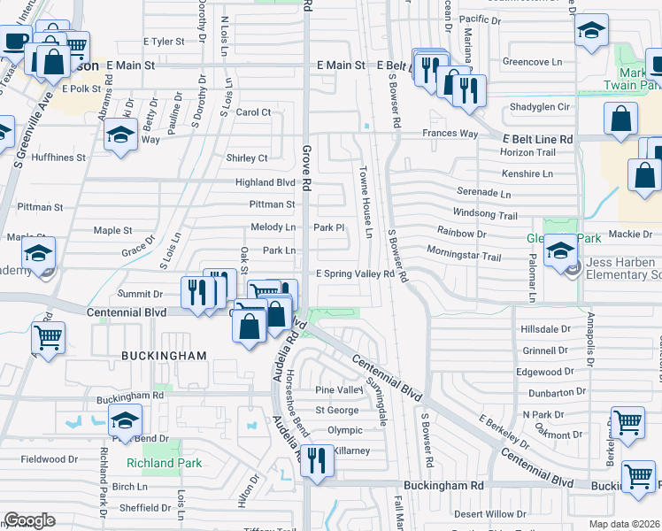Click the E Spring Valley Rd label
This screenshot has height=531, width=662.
point(355,274)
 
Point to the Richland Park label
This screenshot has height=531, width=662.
point(164,463)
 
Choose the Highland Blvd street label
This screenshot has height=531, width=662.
point(265,182)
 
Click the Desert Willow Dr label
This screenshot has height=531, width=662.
point(489,513)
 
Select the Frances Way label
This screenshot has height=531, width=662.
point(450,134)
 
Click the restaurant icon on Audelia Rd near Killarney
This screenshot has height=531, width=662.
point(316,459)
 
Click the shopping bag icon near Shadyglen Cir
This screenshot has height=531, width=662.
point(621,118)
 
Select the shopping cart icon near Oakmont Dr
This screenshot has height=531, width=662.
point(627,423)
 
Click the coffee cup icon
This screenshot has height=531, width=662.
point(15,40)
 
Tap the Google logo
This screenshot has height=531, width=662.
point(29,519)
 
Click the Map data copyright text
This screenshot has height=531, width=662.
point(622,524)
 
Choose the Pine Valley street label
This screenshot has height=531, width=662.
point(339,389)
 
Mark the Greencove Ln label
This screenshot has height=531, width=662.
point(532,62)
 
